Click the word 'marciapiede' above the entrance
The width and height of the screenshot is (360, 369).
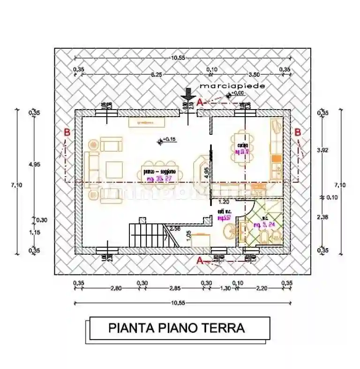[232, 86]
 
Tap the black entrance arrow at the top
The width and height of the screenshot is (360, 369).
[187, 94]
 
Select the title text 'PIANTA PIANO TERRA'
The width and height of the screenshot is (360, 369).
[176, 328]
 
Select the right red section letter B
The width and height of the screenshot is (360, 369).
[298, 133]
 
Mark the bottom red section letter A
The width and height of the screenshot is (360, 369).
[199, 261]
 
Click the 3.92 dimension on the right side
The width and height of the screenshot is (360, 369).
[322, 150]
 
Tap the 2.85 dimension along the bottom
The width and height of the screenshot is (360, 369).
[174, 288]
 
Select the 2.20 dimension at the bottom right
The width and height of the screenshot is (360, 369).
[262, 288]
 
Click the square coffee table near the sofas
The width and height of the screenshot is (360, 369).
[114, 168]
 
